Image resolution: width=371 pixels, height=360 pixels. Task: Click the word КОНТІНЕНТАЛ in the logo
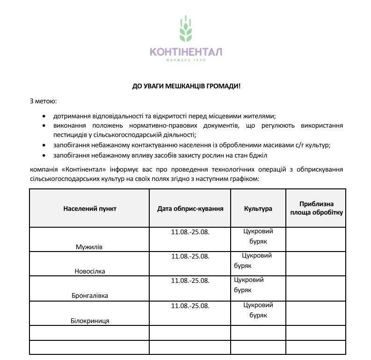coord(186,51)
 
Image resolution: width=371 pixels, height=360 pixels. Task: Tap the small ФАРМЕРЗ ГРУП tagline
coord(186,60)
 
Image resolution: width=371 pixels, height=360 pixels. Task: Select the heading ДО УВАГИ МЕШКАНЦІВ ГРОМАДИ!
coord(186,86)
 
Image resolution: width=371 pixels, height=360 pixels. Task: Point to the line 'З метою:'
coord(43,101)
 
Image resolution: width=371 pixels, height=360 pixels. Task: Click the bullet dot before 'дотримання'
coord(44,115)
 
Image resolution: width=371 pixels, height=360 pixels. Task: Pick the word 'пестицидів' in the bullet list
coord(69,135)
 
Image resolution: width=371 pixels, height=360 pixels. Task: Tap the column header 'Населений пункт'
coord(90,209)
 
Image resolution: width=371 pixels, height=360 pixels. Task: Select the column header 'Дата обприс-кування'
coord(190,209)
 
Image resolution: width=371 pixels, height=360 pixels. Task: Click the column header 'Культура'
coord(258,209)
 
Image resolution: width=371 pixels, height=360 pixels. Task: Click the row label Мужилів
coord(89,246)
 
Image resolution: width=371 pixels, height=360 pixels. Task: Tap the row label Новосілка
coord(90,271)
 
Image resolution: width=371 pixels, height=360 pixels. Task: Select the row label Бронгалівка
coord(90,296)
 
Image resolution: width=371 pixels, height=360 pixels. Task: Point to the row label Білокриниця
coord(90,321)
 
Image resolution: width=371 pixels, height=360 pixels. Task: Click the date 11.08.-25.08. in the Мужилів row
coord(190,231)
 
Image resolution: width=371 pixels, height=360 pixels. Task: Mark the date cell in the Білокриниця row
coord(190,306)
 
